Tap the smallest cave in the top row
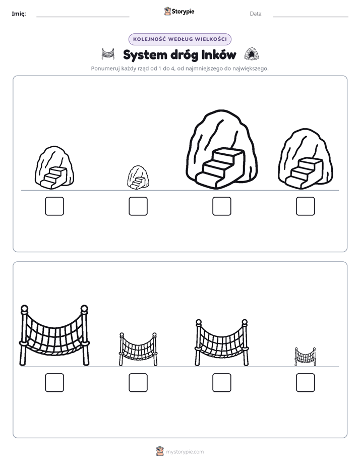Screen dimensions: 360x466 click(x=138, y=178)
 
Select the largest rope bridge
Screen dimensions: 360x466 click(x=54, y=335)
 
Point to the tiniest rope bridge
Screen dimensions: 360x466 click(x=306, y=357)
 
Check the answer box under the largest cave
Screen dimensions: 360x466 click(x=221, y=206)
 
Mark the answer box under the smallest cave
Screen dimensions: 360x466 click(x=138, y=206)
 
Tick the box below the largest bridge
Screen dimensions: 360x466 click(x=54, y=382)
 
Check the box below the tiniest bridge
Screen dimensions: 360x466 click(x=306, y=382)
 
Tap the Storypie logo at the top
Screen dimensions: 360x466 click(x=179, y=11)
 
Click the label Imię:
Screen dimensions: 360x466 click(x=19, y=14)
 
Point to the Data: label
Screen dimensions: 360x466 click(x=256, y=14)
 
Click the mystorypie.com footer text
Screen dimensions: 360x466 click(x=185, y=452)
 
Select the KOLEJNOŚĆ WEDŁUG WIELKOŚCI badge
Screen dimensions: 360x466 click(x=179, y=39)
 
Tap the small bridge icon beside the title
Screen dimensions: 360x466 click(x=108, y=54)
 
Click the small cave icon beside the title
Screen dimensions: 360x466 click(x=251, y=54)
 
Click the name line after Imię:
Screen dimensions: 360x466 click(x=83, y=17)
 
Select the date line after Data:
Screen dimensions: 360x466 click(x=311, y=17)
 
